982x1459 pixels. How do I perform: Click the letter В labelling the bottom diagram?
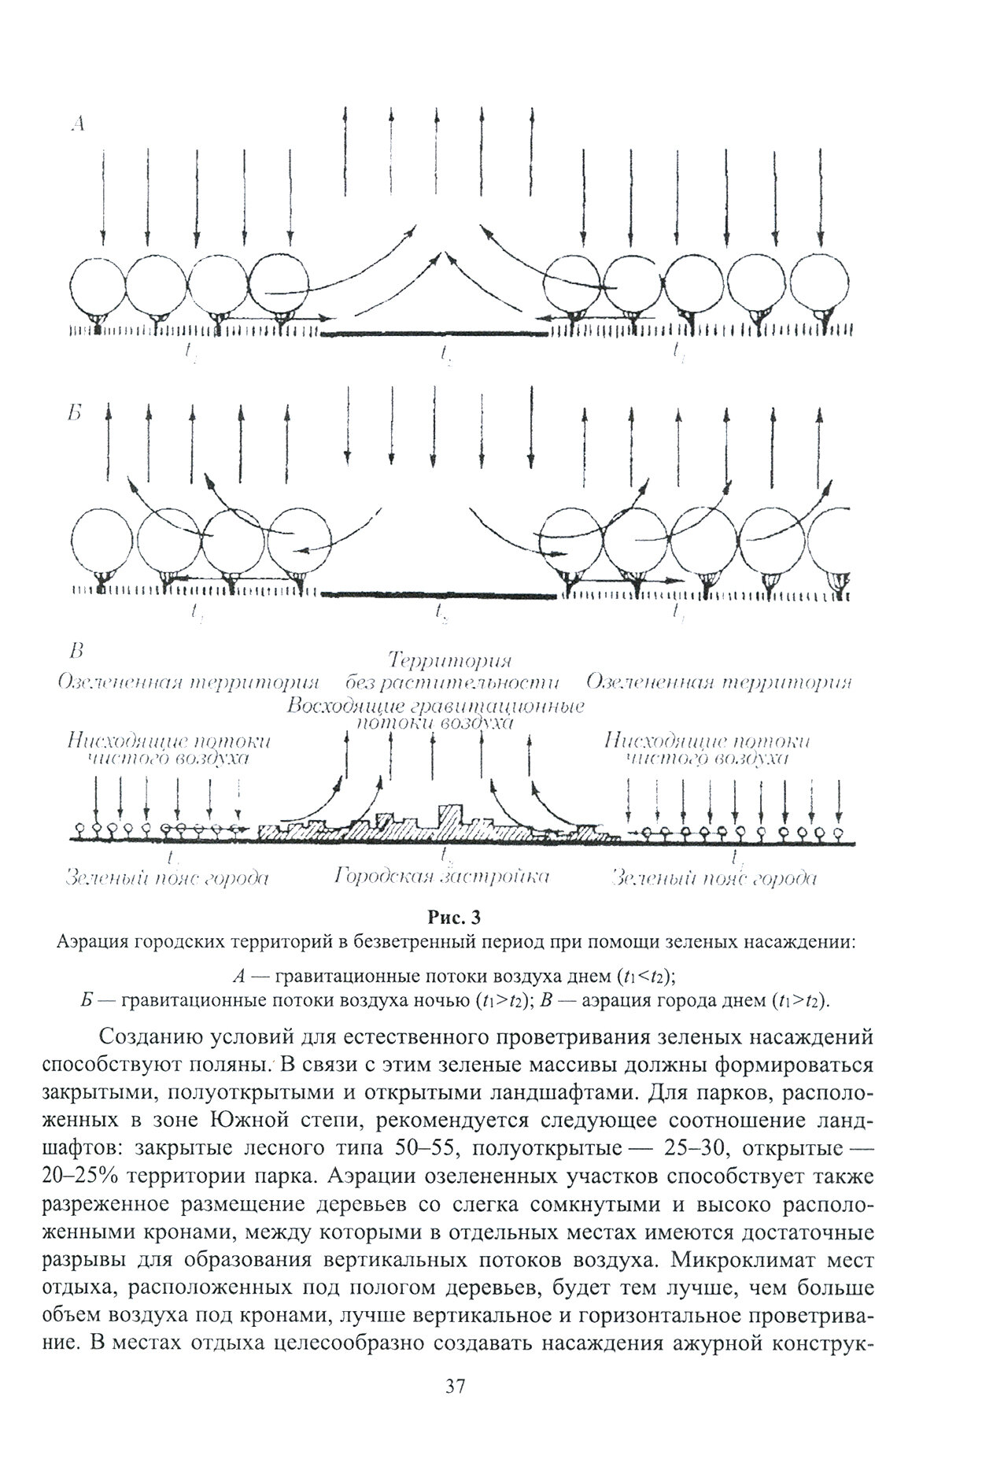click(x=76, y=651)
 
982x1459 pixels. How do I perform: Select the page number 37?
click(x=456, y=1407)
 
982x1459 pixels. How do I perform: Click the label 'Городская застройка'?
click(x=441, y=877)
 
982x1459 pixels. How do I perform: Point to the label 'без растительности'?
click(x=452, y=681)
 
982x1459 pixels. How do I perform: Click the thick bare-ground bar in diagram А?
click(x=434, y=334)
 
